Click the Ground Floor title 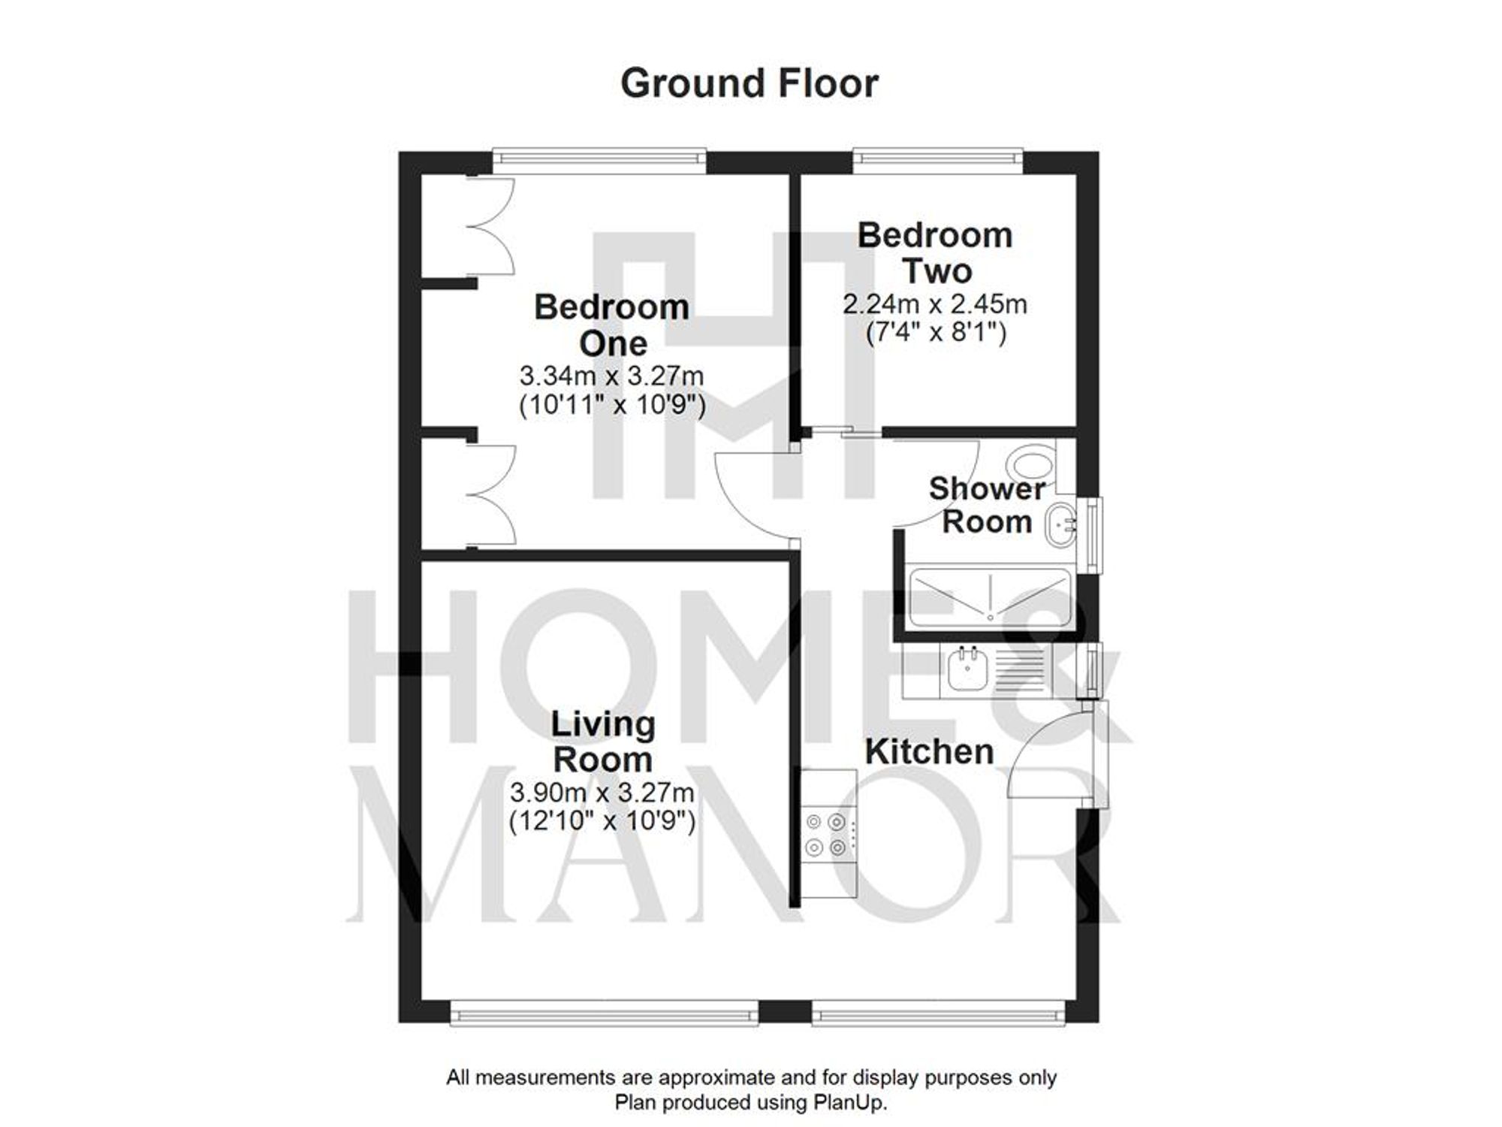click(x=749, y=83)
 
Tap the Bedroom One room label click(x=612, y=325)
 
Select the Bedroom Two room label click(x=936, y=253)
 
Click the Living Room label click(x=603, y=742)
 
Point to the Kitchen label click(x=929, y=752)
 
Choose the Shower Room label click(x=987, y=505)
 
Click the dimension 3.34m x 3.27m click(x=611, y=375)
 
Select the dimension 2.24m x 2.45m click(x=935, y=304)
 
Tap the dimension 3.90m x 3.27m click(x=602, y=793)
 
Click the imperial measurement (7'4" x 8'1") click(x=935, y=332)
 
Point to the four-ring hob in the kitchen click(x=826, y=835)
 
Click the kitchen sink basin click(x=966, y=669)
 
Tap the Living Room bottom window click(x=605, y=1014)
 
